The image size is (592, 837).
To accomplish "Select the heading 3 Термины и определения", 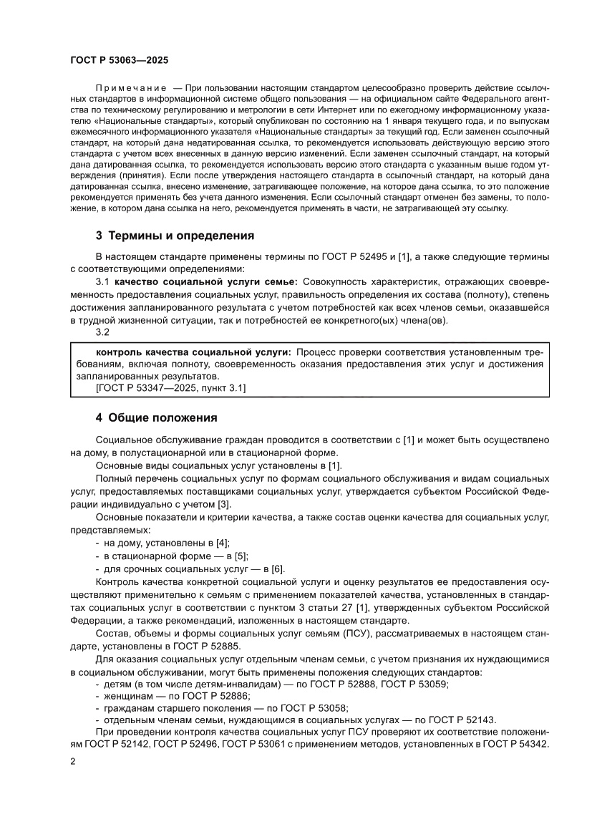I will pyautogui.click(x=175, y=236).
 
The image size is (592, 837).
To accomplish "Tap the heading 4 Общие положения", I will pyautogui.click(x=156, y=417).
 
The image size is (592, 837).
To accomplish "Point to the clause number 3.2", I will pyautogui.click(x=102, y=332).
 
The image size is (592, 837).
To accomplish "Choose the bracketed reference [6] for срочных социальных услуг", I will pyautogui.click(x=276, y=569).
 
